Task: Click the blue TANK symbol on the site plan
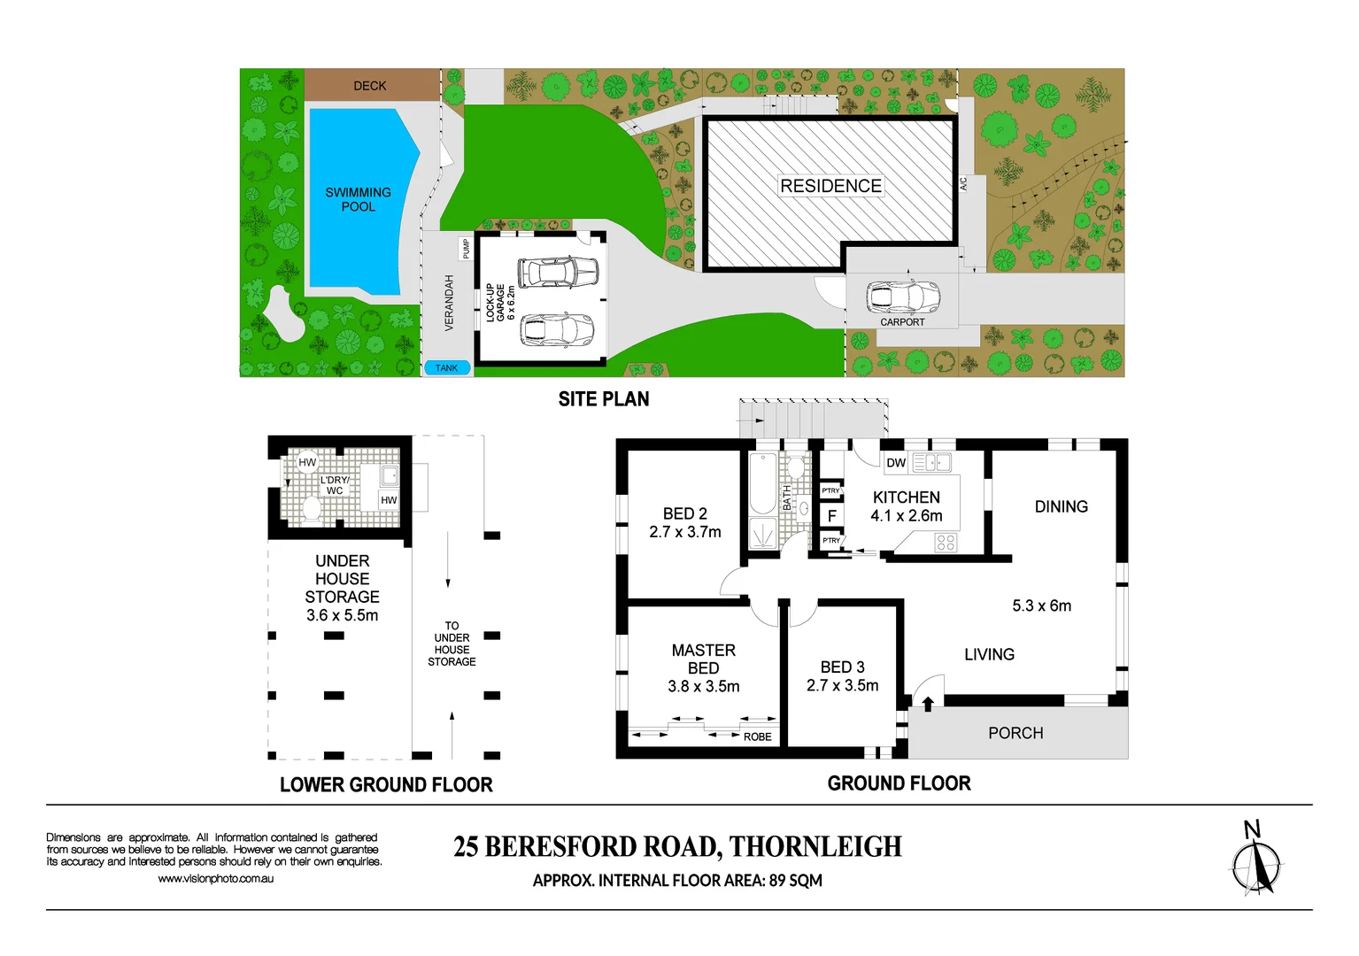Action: point(446,368)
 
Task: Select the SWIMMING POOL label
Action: point(358,199)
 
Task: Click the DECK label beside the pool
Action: point(370,86)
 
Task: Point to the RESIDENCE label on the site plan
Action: point(830,186)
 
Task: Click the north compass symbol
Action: point(1255,864)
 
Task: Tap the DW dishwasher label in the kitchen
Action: point(896,463)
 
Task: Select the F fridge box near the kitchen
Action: point(831,515)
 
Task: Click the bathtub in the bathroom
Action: point(763,484)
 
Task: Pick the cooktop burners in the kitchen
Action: point(946,543)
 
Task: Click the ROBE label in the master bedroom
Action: point(757,736)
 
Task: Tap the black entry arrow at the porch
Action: point(928,704)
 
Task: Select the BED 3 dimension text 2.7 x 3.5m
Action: point(842,686)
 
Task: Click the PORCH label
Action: point(1015,733)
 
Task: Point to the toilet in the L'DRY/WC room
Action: point(311,510)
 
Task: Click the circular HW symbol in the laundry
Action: point(307,462)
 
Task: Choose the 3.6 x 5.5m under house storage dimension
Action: point(342,615)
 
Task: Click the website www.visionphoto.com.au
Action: point(215,879)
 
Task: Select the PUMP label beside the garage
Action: point(466,248)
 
